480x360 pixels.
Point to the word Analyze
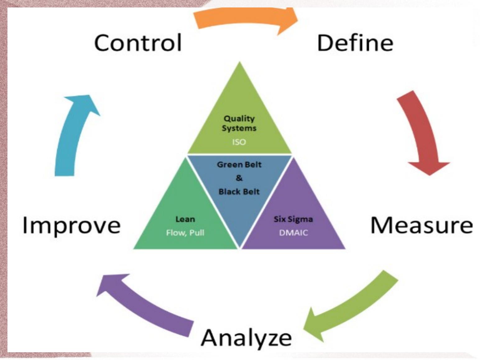click(246, 337)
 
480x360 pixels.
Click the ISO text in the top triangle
click(239, 142)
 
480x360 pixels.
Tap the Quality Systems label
click(239, 123)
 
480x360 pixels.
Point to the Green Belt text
click(239, 164)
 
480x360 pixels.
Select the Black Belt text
click(239, 192)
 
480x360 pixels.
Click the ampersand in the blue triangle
click(239, 178)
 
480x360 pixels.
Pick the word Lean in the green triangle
click(185, 219)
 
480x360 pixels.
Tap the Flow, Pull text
click(185, 233)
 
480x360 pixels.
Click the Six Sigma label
click(293, 219)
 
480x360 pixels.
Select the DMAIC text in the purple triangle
click(293, 233)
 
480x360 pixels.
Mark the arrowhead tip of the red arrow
click(430, 175)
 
